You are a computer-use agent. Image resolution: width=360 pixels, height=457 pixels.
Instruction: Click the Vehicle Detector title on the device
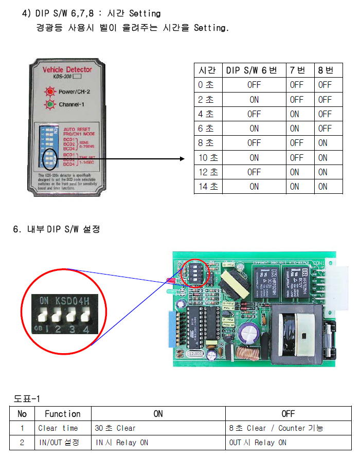67,69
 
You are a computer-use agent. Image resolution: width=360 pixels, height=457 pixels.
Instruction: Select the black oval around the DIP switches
49,159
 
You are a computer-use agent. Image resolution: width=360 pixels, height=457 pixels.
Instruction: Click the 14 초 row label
208,187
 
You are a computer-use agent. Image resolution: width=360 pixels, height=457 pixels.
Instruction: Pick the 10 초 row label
208,158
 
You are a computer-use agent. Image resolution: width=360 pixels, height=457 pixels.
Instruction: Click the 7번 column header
297,70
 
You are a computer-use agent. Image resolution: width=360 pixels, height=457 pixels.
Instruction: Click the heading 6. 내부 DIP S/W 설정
57,229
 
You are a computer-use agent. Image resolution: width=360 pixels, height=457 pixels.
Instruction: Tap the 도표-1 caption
26,398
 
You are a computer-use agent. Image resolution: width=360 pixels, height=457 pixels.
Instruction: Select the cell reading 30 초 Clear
115,428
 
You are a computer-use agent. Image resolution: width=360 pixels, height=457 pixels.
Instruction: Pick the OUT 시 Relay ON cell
258,443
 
